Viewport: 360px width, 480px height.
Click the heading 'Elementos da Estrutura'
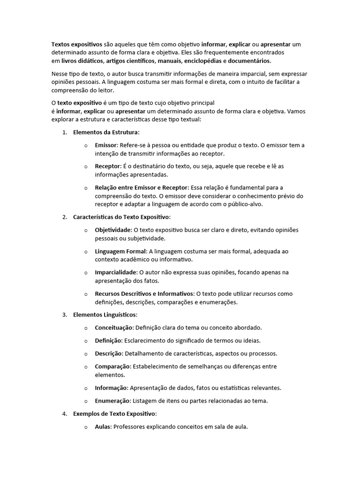coord(106,132)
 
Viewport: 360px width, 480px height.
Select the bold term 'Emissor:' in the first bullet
coord(106,145)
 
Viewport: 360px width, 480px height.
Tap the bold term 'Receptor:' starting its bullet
coord(108,166)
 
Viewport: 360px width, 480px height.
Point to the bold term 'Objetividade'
coord(113,230)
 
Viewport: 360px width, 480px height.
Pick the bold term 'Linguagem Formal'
coord(120,251)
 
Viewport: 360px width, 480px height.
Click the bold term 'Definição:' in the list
coord(109,340)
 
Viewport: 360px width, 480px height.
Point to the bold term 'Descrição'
coord(109,353)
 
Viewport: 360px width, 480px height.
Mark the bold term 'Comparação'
coord(112,366)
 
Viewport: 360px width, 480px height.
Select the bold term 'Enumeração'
coord(113,401)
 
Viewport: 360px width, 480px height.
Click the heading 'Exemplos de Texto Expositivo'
coord(114,414)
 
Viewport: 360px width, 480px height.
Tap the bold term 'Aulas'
coord(103,427)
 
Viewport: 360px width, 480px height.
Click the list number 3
coord(64,315)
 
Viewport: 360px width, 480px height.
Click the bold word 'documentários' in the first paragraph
coord(249,61)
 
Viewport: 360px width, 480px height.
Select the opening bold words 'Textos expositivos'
coord(77,44)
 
